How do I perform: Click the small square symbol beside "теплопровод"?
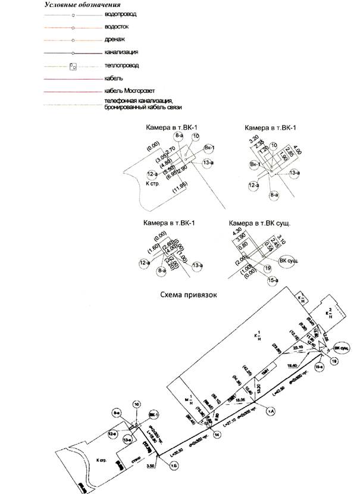[x=73, y=65]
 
